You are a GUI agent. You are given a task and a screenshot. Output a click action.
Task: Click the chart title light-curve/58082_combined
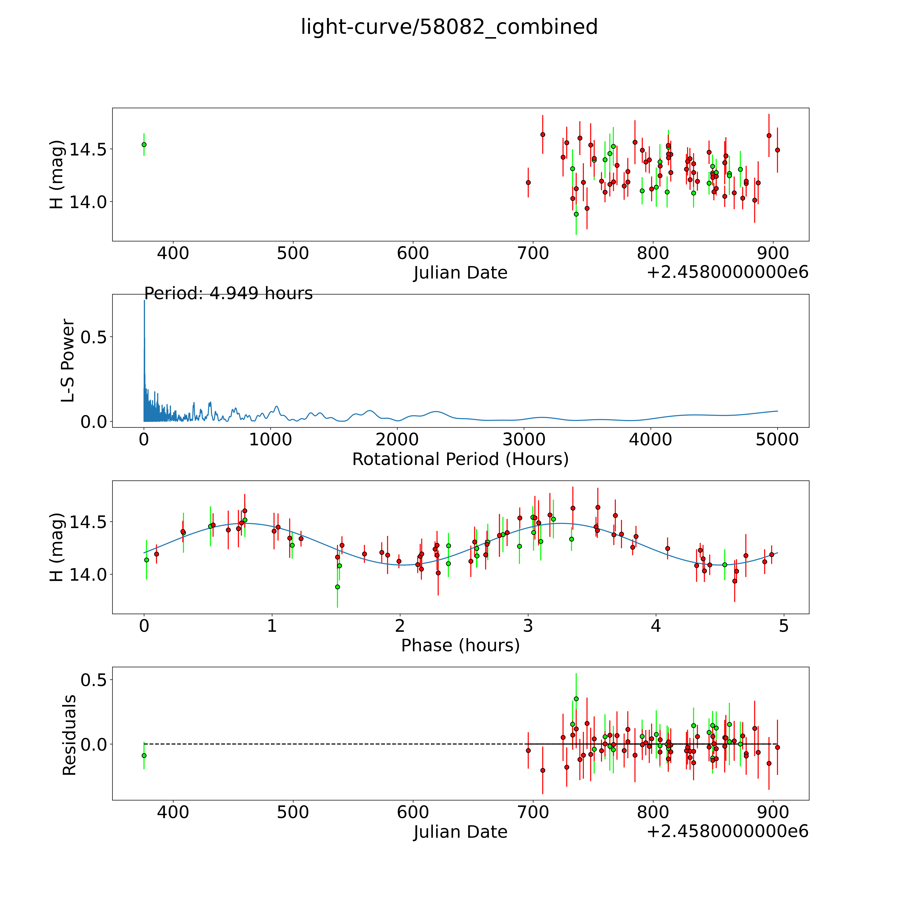coord(449,27)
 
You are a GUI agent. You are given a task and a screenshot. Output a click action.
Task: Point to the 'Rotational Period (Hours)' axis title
coord(460,459)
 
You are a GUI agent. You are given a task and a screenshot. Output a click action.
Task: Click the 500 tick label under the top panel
coord(293,254)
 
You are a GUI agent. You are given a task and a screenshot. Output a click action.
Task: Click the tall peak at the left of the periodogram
coord(144,301)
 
